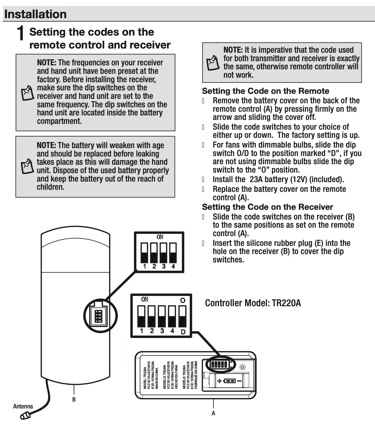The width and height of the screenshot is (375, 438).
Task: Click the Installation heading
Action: [x=36, y=14]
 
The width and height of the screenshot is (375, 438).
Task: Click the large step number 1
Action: [x=21, y=33]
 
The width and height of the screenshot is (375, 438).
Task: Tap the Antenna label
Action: [x=23, y=406]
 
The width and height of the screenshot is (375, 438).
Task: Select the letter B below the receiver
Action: [x=74, y=400]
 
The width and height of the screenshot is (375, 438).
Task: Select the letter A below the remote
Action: [x=213, y=413]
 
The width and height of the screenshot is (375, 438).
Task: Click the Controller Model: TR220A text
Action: [x=253, y=303]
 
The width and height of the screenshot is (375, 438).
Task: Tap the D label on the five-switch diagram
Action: [x=183, y=332]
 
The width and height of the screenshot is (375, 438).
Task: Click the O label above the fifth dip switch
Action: [x=183, y=300]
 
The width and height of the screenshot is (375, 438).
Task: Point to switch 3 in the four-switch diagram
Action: [x=163, y=252]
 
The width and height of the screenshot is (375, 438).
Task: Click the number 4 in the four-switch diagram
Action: [x=173, y=266]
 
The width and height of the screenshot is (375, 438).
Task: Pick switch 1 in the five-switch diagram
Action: [x=141, y=316]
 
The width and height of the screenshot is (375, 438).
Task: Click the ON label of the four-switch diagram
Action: [x=160, y=237]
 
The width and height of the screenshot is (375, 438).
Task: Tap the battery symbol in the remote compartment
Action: [x=229, y=381]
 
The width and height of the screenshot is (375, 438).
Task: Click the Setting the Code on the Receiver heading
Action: [x=267, y=207]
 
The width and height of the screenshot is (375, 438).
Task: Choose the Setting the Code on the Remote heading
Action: [x=265, y=91]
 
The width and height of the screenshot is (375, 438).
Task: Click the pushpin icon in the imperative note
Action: [x=213, y=62]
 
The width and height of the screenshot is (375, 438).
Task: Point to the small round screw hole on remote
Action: [x=243, y=367]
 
